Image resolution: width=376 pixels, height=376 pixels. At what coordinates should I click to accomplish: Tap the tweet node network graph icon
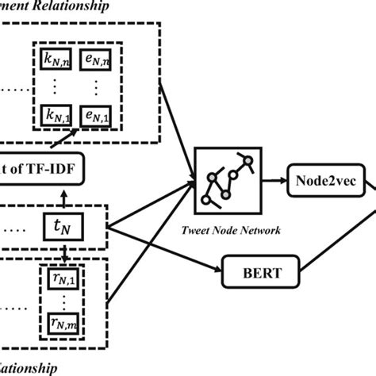(230, 181)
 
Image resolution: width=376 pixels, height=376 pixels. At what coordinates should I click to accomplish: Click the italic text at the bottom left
(28, 367)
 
